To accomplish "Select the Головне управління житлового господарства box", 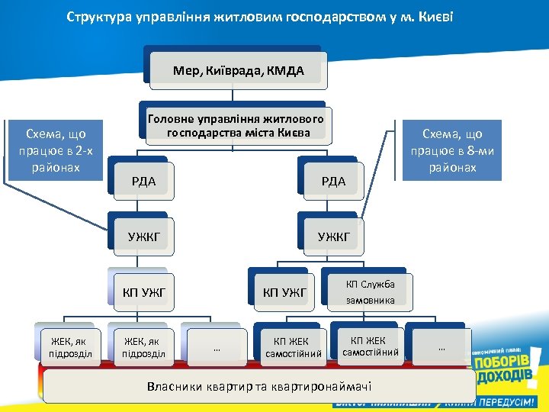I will click(x=235, y=125).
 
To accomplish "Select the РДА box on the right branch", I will click(x=333, y=181).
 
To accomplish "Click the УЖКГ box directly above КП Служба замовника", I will click(x=333, y=237).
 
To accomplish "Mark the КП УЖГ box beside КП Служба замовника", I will click(x=284, y=291).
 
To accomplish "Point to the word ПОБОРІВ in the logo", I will click(x=501, y=361).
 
